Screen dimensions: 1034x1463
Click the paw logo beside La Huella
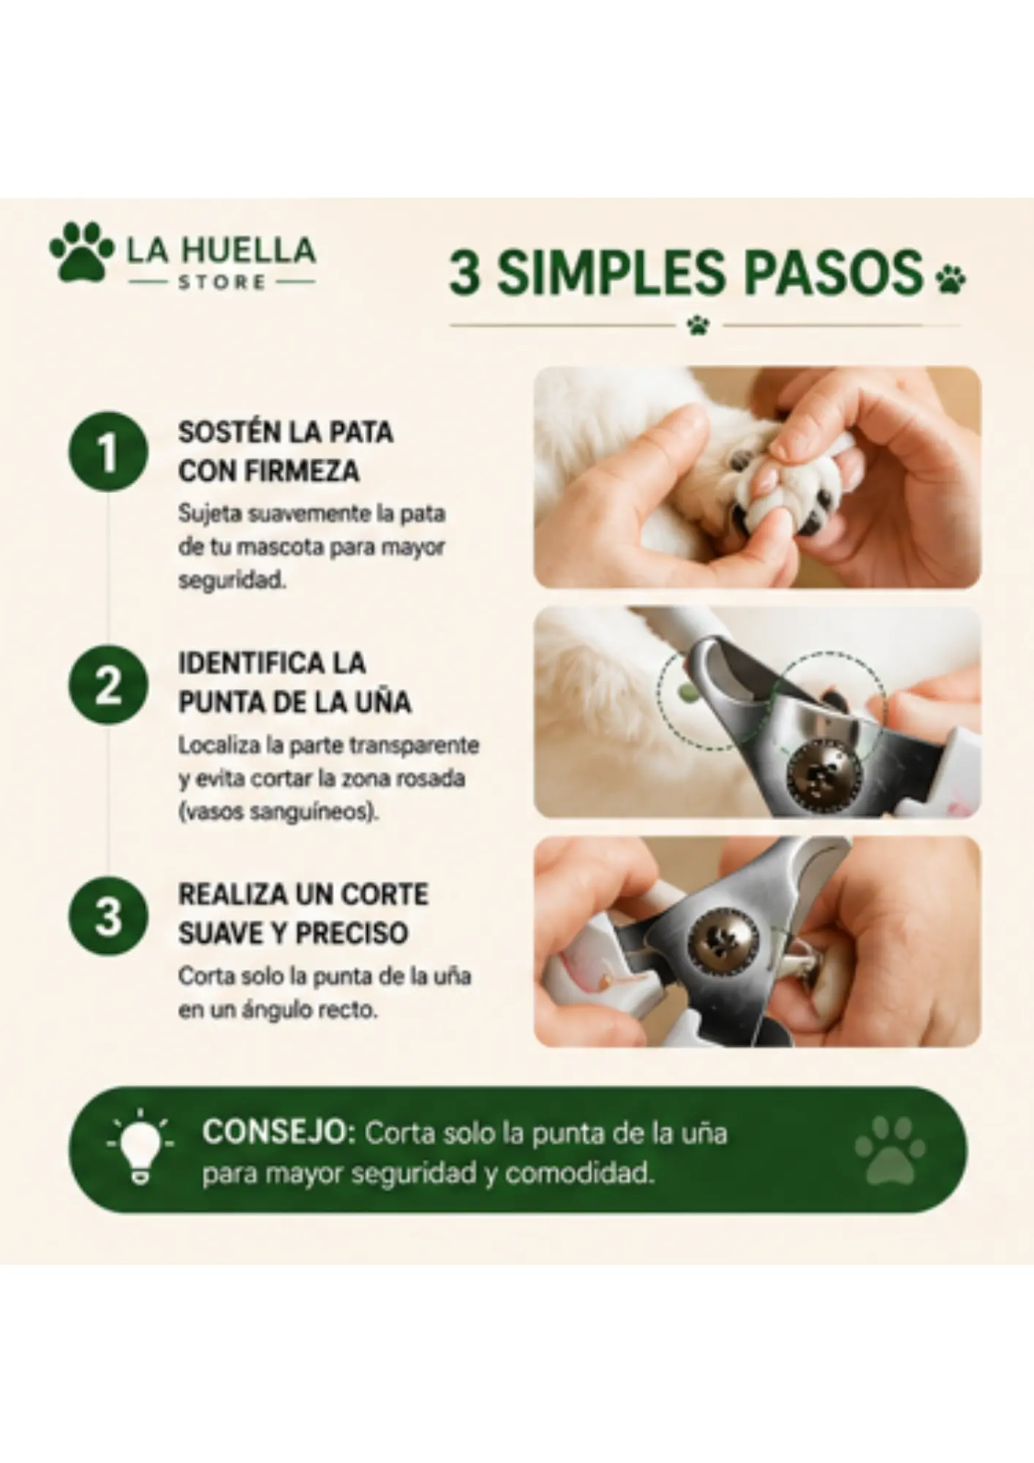click(81, 252)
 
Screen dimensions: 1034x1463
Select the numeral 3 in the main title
click(465, 273)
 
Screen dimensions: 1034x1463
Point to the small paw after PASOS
click(950, 279)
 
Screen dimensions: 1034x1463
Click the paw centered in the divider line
click(698, 325)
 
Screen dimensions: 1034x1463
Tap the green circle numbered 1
click(108, 451)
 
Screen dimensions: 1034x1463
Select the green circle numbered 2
click(108, 685)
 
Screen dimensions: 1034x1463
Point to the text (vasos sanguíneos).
click(279, 813)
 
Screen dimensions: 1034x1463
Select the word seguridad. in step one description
click(232, 581)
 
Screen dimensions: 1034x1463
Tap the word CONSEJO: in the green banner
click(279, 1133)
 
